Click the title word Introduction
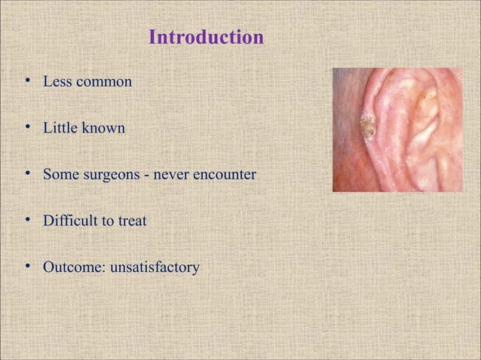click(x=206, y=37)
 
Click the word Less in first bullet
click(x=55, y=81)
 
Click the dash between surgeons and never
click(x=149, y=176)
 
